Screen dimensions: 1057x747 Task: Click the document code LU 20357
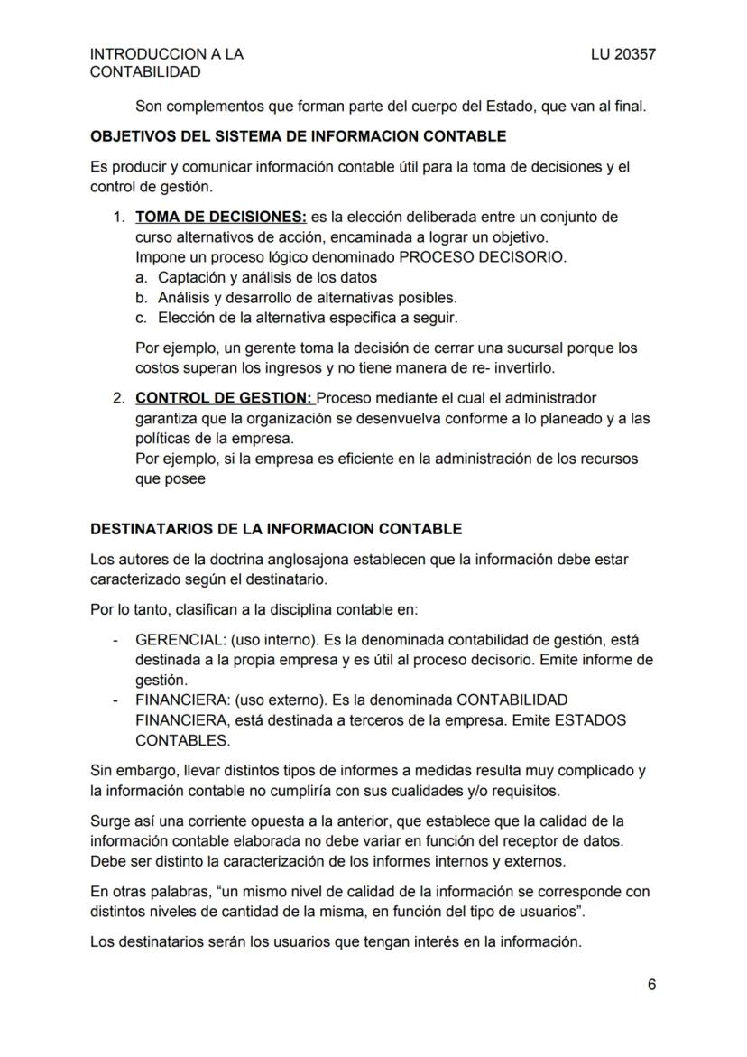pyautogui.click(x=622, y=54)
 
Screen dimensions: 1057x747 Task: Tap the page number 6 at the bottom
pyautogui.click(x=651, y=985)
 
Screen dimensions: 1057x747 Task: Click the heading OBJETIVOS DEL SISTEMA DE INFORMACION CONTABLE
pyautogui.click(x=299, y=137)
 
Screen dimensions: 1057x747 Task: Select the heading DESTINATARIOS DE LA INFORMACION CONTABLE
pyautogui.click(x=276, y=529)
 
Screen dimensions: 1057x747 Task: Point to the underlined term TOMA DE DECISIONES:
pyautogui.click(x=221, y=218)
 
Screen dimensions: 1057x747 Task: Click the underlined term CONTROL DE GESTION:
pyautogui.click(x=224, y=398)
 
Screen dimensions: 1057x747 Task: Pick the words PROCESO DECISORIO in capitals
pyautogui.click(x=483, y=257)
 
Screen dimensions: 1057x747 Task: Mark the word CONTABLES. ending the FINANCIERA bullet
pyautogui.click(x=183, y=740)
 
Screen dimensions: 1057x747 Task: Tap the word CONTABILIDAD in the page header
pyautogui.click(x=145, y=72)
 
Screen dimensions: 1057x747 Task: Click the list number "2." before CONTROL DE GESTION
pyautogui.click(x=119, y=398)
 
